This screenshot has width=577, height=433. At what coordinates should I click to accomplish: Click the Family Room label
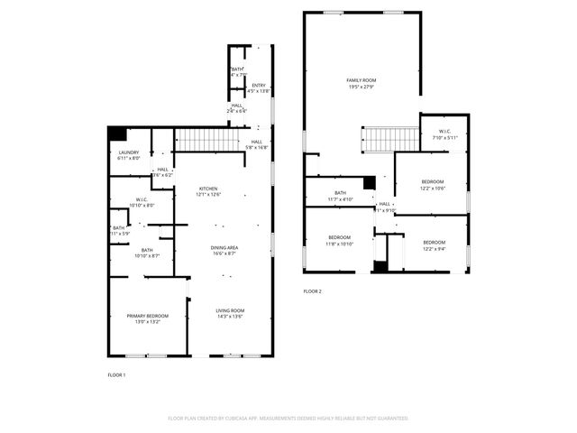pos(361,83)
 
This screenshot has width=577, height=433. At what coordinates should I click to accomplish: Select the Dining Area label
pos(224,250)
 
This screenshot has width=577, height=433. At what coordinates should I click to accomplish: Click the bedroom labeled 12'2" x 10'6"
pos(433,185)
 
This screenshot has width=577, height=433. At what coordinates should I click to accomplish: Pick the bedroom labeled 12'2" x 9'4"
pos(434,244)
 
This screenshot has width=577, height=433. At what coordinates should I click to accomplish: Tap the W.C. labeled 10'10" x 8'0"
pos(142,202)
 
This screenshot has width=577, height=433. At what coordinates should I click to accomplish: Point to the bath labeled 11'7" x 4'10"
pos(340,195)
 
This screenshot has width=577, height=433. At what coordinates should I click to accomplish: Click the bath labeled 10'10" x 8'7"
pos(146,253)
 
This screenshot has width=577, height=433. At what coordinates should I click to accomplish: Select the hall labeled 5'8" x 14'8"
pos(257,144)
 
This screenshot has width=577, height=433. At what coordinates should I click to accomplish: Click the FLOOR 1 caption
pos(117,373)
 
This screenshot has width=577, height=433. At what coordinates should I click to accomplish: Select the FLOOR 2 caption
pos(312,291)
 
